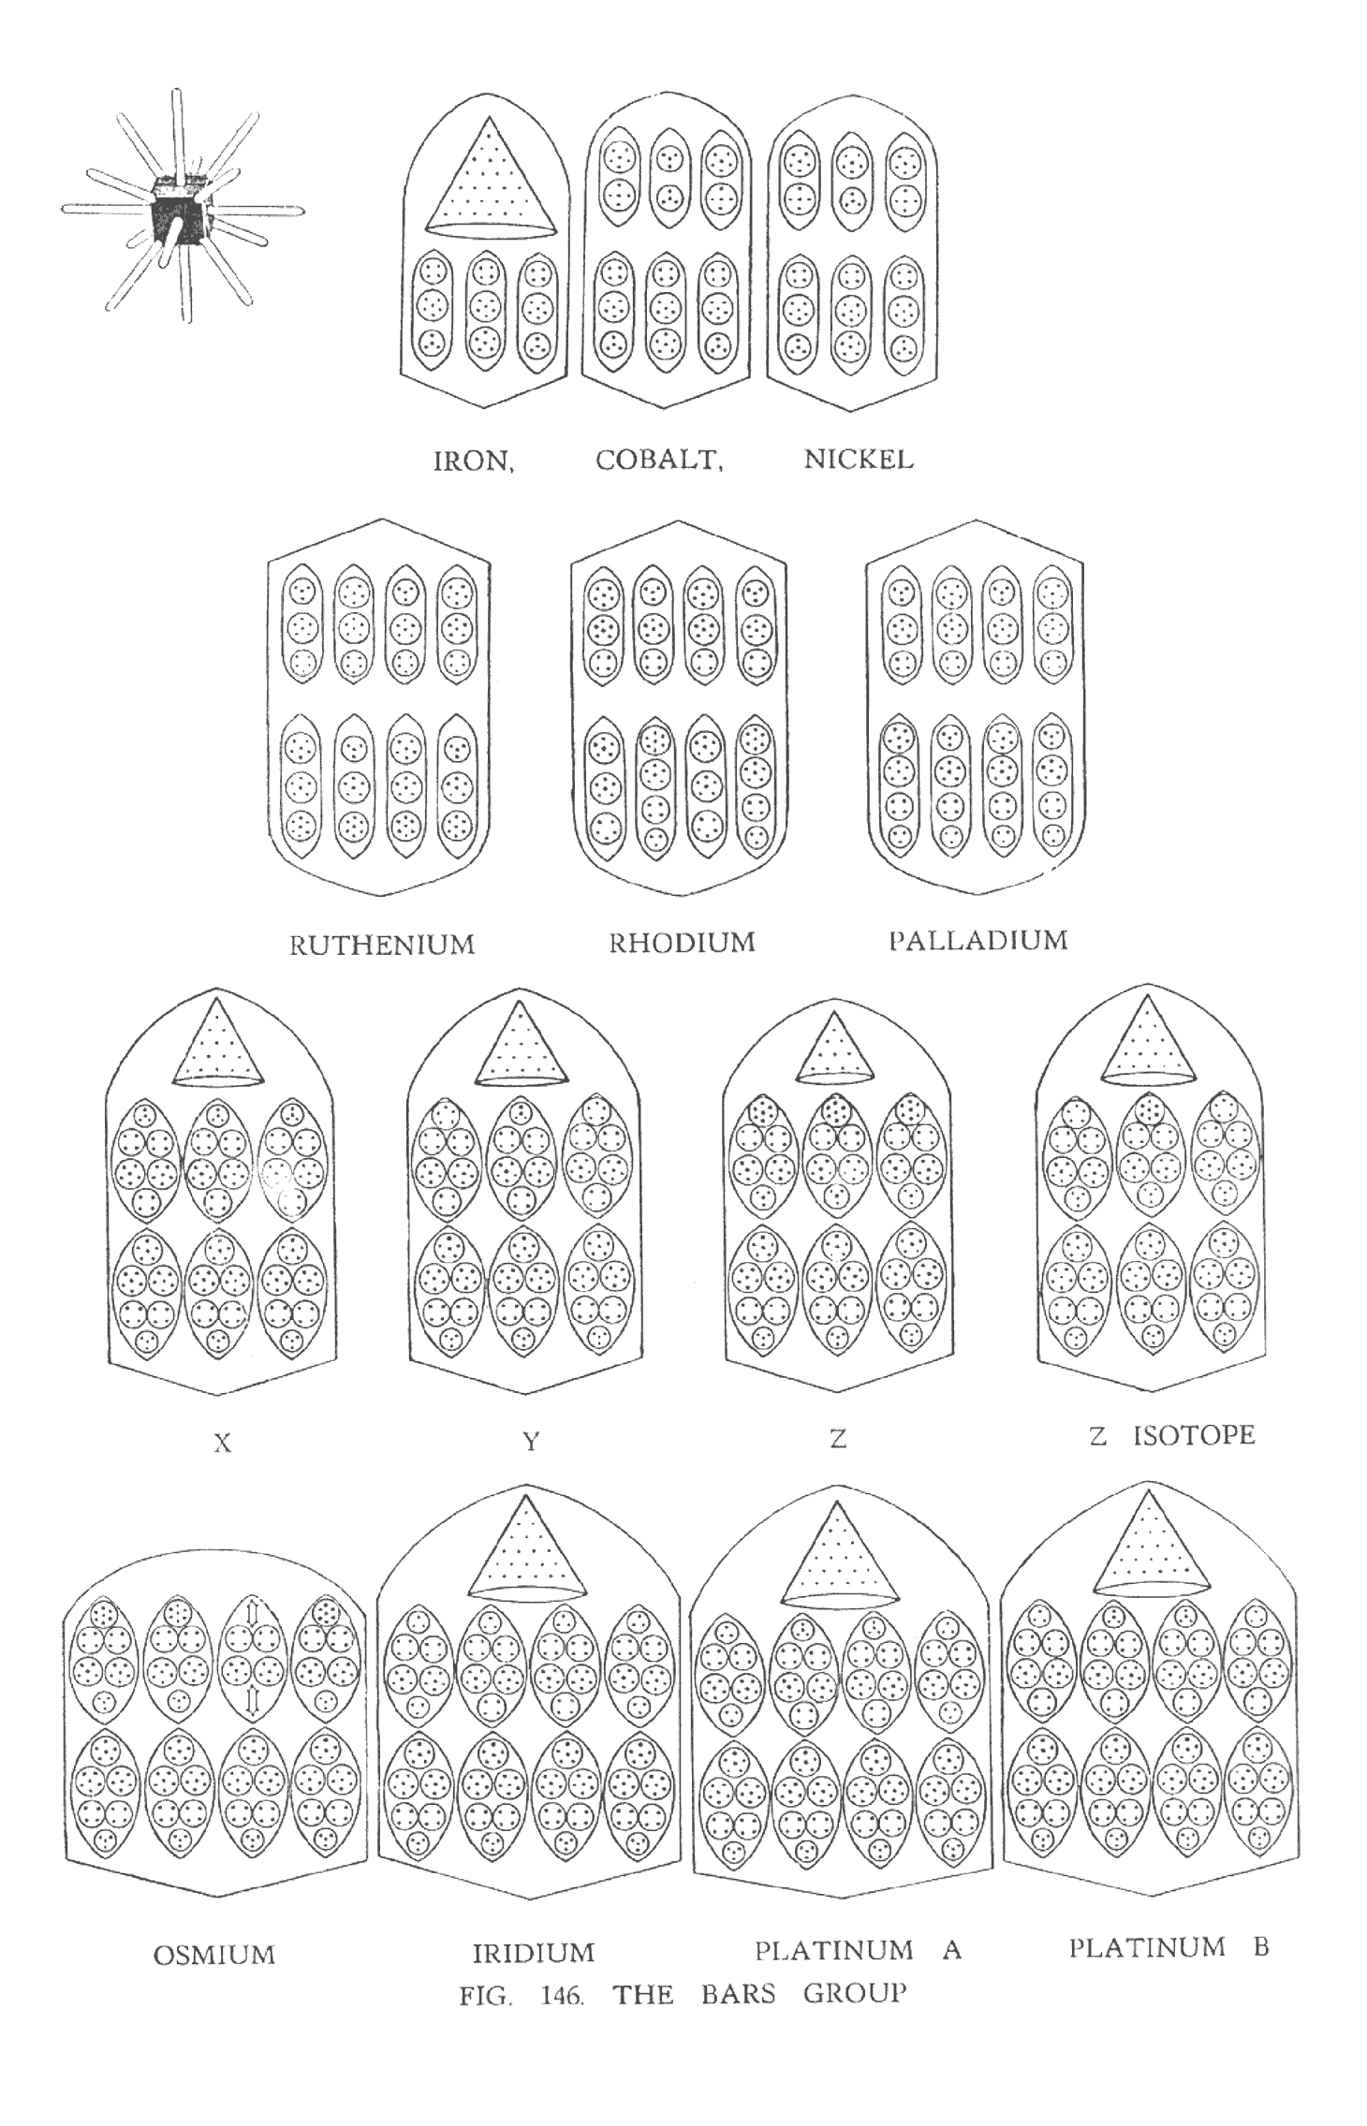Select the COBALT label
(659, 461)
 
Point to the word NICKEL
(858, 460)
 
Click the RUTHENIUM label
(382, 945)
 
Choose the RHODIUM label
(682, 942)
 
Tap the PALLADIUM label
(978, 940)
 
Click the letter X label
(222, 1444)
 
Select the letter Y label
(531, 1442)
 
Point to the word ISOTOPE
(1194, 1435)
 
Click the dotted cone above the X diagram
(217, 1042)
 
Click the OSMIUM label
(214, 1956)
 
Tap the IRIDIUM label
(533, 1954)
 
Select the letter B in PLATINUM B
(1260, 1948)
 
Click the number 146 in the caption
(563, 1996)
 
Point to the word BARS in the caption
(739, 1994)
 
